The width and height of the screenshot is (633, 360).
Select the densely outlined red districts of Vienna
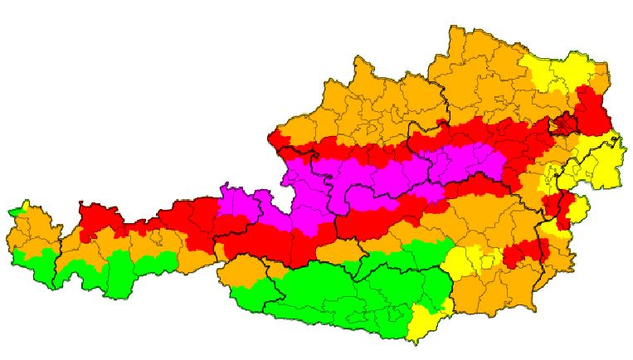567,124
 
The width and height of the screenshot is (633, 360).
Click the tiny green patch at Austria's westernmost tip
12,212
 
